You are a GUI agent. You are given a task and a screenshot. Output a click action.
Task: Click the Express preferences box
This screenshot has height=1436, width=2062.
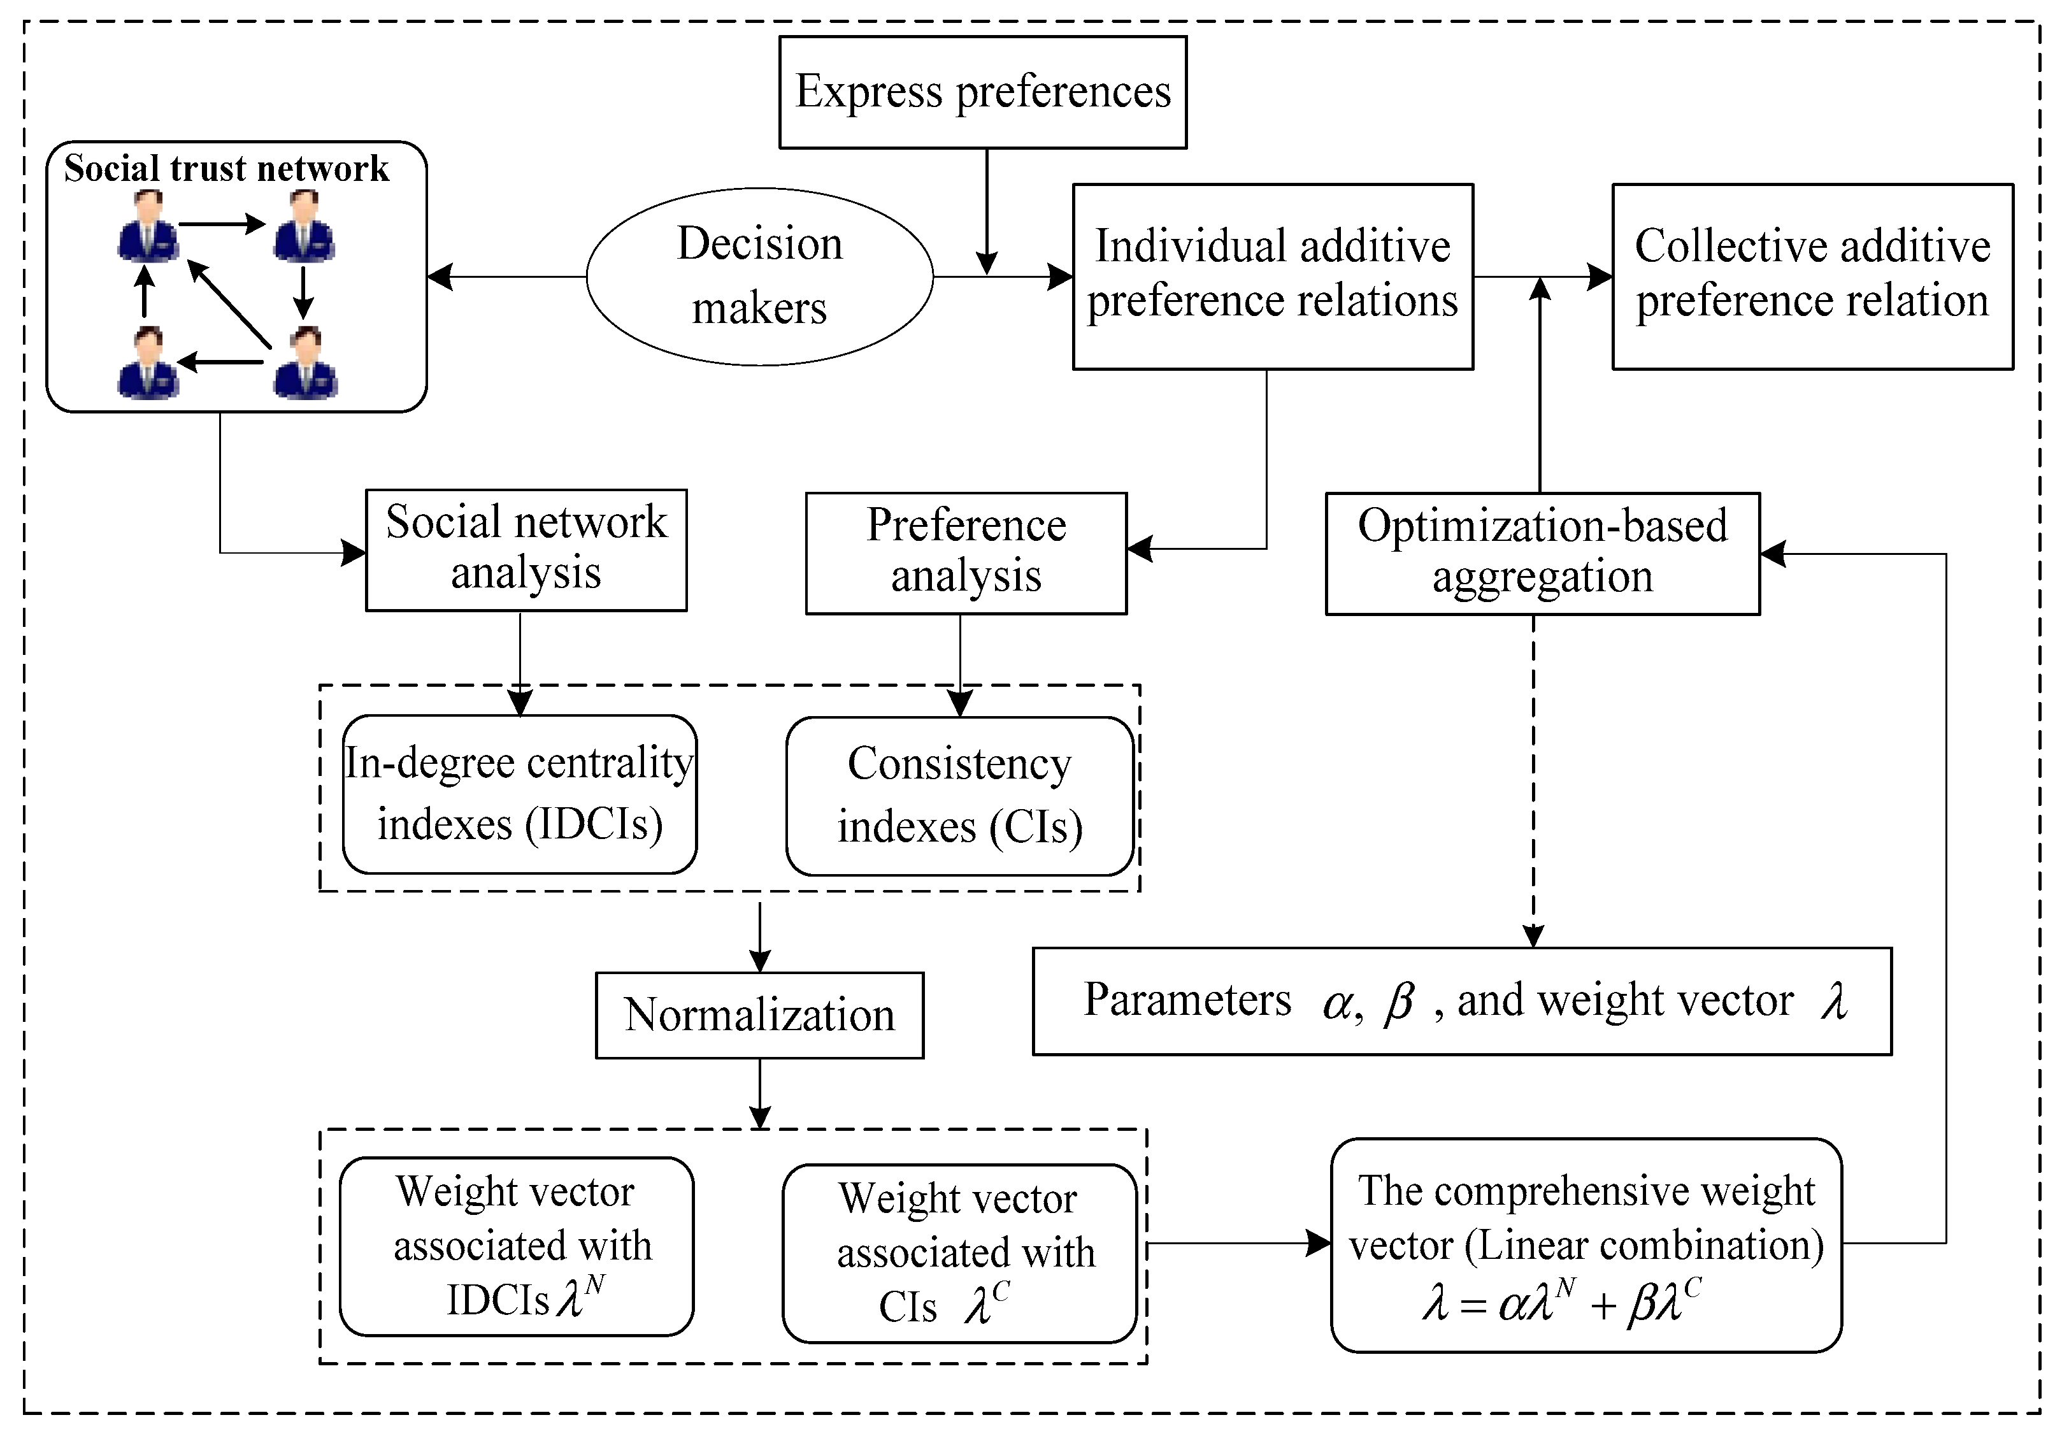pyautogui.click(x=982, y=92)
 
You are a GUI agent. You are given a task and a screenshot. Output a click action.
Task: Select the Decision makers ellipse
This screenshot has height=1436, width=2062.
pyautogui.click(x=760, y=276)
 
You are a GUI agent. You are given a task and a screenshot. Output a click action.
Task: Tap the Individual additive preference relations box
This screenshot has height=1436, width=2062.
pyautogui.click(x=1273, y=276)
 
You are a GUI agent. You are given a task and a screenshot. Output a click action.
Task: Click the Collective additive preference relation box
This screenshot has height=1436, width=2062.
pyautogui.click(x=1812, y=276)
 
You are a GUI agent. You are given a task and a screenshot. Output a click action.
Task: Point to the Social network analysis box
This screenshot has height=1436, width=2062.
pyautogui.click(x=526, y=550)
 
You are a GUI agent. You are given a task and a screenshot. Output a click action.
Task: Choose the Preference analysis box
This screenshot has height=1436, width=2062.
pyautogui.click(x=966, y=552)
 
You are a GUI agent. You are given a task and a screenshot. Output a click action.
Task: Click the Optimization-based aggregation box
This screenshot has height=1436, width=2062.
pyautogui.click(x=1542, y=552)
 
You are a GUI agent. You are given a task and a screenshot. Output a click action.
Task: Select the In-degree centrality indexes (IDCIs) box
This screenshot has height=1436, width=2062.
pyautogui.click(x=519, y=794)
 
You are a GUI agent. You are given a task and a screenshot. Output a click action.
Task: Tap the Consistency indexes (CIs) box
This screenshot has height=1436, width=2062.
pyautogui.click(x=959, y=796)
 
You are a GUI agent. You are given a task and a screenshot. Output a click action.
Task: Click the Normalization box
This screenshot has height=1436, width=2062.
pyautogui.click(x=760, y=1015)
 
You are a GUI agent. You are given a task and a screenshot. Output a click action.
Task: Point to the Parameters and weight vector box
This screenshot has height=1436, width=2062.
pyautogui.click(x=1462, y=1000)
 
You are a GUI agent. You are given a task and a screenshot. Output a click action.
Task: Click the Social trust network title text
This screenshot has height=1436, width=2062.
pyautogui.click(x=226, y=169)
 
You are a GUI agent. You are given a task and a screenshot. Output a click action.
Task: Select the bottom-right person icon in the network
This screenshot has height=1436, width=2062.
pyautogui.click(x=305, y=364)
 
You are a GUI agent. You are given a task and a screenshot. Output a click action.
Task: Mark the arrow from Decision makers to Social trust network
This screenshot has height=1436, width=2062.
pyautogui.click(x=508, y=276)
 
